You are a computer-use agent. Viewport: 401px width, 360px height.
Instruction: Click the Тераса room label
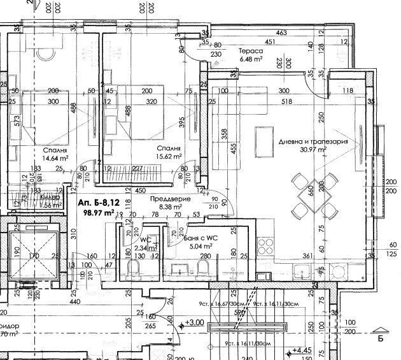click(x=250, y=51)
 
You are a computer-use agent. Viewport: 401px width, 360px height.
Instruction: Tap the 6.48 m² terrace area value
click(x=251, y=59)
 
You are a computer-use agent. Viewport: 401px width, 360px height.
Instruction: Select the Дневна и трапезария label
click(x=313, y=141)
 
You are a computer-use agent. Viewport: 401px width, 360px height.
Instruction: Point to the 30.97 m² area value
click(x=313, y=150)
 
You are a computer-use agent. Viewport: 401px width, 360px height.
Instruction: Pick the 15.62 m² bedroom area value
click(x=170, y=155)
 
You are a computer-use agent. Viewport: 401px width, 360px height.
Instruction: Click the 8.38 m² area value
click(x=168, y=206)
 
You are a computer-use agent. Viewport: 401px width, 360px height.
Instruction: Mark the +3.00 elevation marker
click(x=194, y=323)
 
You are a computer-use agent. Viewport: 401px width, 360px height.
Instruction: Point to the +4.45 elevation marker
click(x=300, y=350)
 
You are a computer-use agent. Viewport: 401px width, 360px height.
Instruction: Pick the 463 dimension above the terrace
click(x=281, y=33)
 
